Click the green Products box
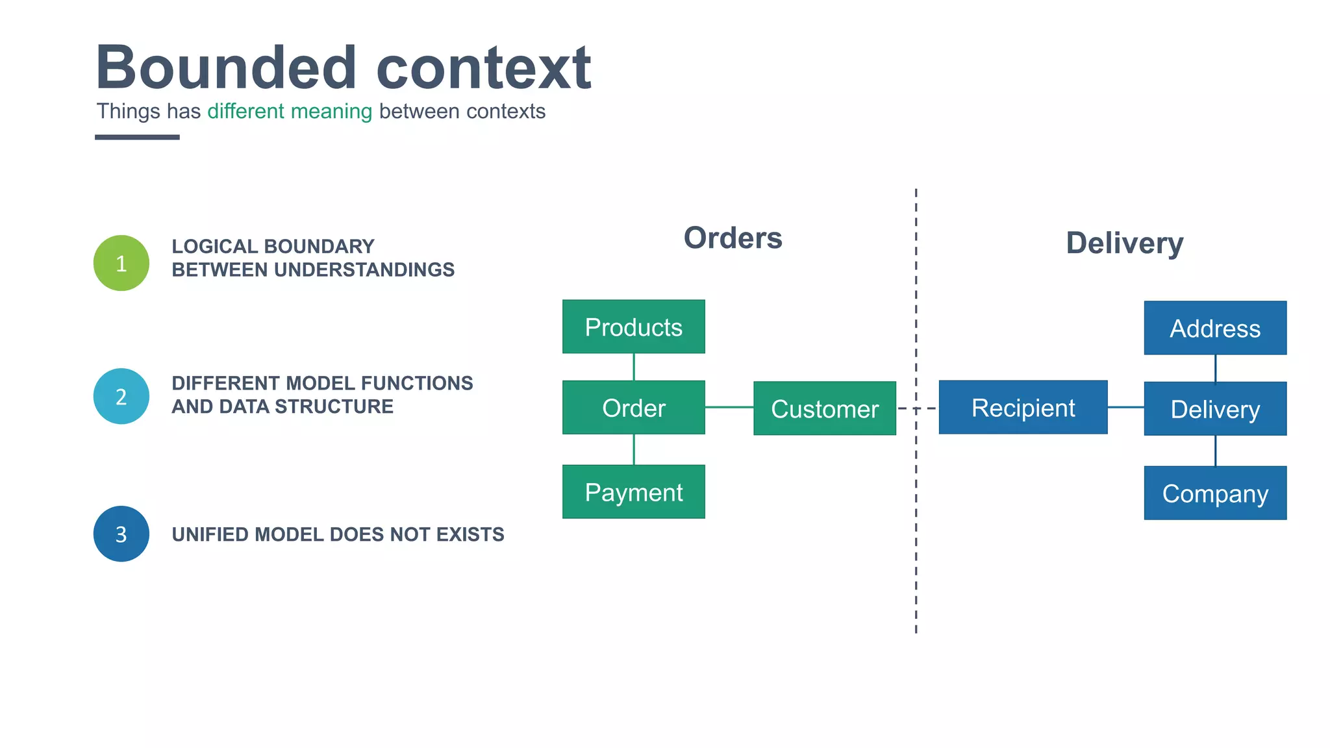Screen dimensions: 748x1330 [633, 327]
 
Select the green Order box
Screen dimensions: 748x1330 [633, 408]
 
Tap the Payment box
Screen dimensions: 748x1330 [633, 492]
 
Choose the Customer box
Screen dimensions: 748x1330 [824, 408]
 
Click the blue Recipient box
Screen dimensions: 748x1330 [1023, 407]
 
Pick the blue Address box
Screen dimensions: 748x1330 [1214, 328]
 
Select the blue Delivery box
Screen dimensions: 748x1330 [1214, 408]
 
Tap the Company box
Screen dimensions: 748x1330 [1214, 493]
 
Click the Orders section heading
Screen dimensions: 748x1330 [733, 238]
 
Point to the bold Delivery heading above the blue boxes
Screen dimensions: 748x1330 [1124, 243]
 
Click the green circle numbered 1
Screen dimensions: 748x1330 [121, 263]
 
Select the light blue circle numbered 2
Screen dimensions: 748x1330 [121, 396]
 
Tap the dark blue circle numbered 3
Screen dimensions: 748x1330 [121, 534]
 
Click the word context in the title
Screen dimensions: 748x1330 [483, 68]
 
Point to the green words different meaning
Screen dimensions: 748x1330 [290, 112]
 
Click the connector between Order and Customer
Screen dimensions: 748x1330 [729, 407]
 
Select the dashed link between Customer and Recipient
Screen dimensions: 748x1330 [917, 408]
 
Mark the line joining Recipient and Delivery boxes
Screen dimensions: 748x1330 [1125, 407]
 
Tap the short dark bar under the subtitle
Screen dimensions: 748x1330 [137, 137]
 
